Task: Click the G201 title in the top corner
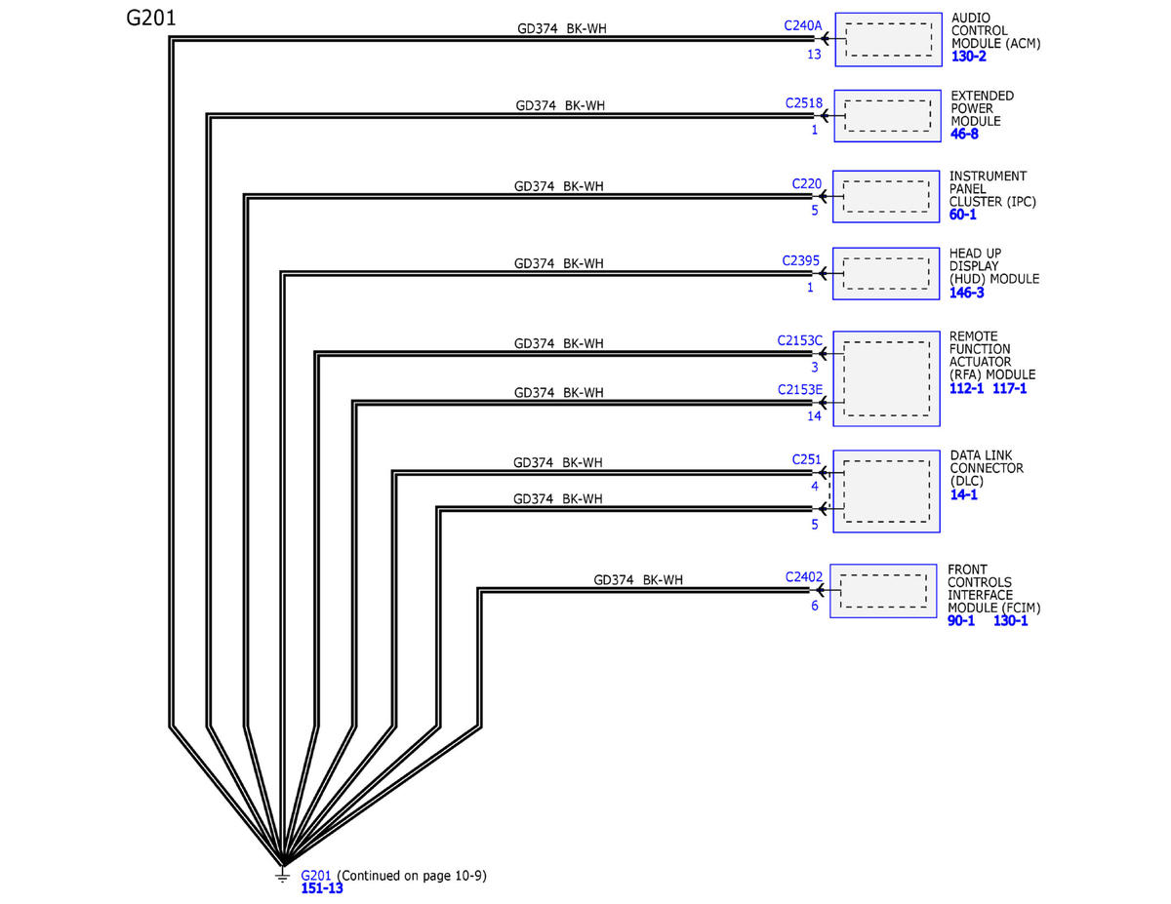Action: point(150,19)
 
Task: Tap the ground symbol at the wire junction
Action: point(282,875)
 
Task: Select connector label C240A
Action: point(802,25)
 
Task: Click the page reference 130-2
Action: point(968,56)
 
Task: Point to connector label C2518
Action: point(803,102)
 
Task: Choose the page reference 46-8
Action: point(964,134)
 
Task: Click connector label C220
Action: point(806,183)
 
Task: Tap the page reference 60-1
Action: point(962,215)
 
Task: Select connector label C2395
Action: point(800,260)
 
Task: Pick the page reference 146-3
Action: point(966,293)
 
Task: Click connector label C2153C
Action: point(800,340)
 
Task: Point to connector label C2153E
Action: point(800,389)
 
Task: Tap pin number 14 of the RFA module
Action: point(814,415)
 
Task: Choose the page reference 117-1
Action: point(1009,388)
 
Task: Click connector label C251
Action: point(806,459)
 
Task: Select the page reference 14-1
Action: point(963,494)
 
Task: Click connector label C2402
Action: point(803,576)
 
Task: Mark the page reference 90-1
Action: point(961,620)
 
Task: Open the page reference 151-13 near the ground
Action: point(322,887)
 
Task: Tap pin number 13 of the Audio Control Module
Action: point(814,54)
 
